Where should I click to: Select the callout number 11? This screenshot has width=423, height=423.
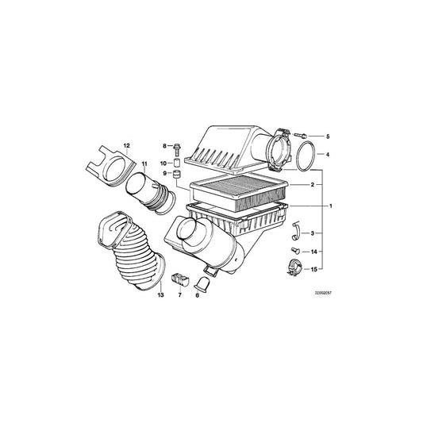click(144, 163)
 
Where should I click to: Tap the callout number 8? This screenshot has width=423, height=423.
click(165, 146)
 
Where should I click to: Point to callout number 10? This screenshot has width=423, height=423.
click(165, 163)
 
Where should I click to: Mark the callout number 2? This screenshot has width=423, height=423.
click(312, 184)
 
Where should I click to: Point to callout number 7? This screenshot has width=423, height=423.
click(180, 294)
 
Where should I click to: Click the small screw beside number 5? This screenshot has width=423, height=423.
click(304, 137)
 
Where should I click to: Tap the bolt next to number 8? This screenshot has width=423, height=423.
click(177, 147)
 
